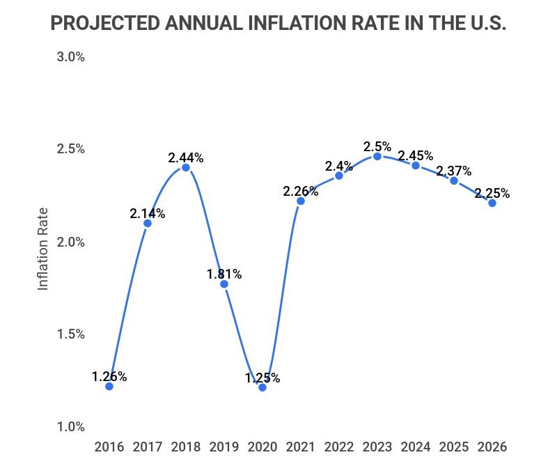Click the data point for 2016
coord(109,386)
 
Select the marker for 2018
coord(186,167)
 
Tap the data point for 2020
coord(262,387)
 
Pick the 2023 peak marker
coord(377,156)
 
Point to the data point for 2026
coord(492,203)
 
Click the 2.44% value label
coord(186,157)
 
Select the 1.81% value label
coord(224,274)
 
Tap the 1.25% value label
coord(262,378)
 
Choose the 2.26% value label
coord(301,191)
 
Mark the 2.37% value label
coord(454,171)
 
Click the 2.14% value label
coord(148,214)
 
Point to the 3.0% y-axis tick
coord(70,57)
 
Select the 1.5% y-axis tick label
coord(70,334)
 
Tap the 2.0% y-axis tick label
coord(70,242)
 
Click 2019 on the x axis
coord(224,446)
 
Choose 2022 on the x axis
coord(339,446)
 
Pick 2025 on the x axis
coord(454,446)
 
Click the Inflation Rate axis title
coord(43,249)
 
